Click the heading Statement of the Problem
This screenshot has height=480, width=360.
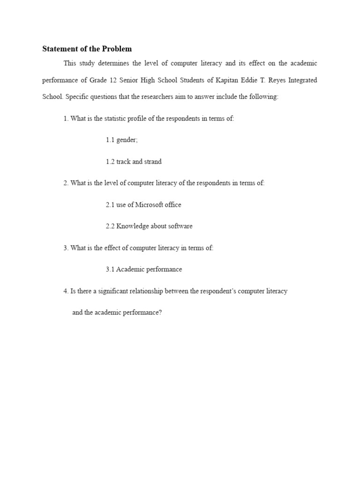[87, 49]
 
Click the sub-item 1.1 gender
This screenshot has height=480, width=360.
[122, 140]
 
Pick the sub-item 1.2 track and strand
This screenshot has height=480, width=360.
[134, 162]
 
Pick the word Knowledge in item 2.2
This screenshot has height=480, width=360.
[132, 226]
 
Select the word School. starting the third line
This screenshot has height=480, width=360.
[52, 97]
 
